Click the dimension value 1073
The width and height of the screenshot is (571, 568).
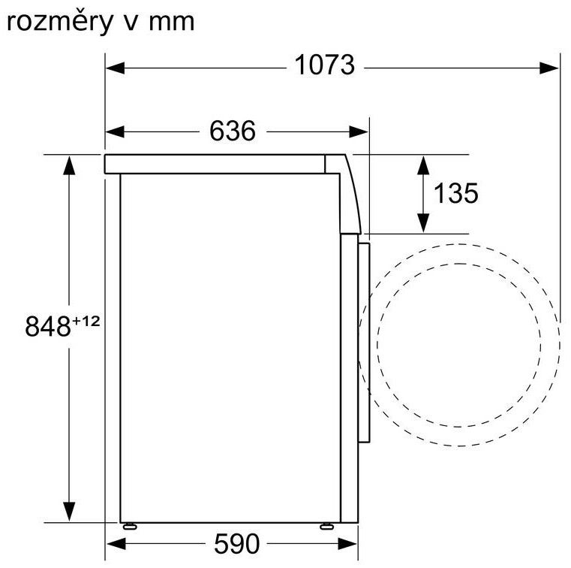[324, 65]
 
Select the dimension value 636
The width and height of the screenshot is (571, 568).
[233, 131]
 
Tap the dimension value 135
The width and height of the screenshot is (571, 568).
[456, 193]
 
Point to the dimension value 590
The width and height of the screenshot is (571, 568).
[236, 544]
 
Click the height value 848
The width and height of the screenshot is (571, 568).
[48, 326]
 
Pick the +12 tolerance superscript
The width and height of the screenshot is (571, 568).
[86, 321]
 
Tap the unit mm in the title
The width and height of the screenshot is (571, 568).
[172, 23]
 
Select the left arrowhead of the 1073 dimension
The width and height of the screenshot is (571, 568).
[115, 68]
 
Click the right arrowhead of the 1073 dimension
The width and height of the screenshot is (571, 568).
[548, 68]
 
